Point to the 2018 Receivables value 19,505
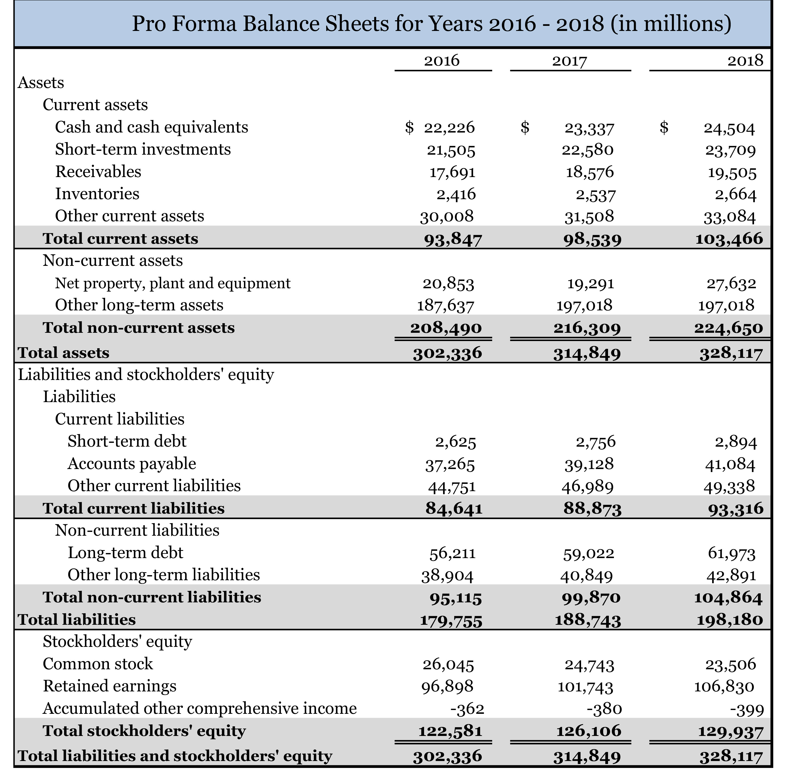[x=732, y=173]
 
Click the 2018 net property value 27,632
[x=731, y=283]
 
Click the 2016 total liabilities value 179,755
[x=451, y=620]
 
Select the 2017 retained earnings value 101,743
[x=585, y=687]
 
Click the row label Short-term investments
[x=143, y=149]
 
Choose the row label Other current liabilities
[x=154, y=486]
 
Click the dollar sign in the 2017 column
[x=525, y=127]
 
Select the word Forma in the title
[x=204, y=23]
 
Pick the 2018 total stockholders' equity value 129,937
[x=731, y=731]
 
